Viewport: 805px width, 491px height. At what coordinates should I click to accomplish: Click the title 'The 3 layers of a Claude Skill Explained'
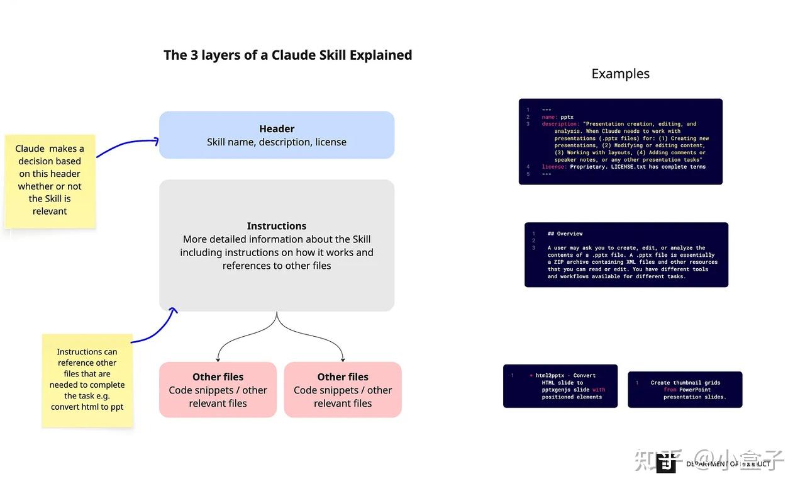(287, 55)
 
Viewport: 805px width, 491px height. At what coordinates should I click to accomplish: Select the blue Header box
(277, 135)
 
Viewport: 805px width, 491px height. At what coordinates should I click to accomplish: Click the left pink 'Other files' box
(218, 390)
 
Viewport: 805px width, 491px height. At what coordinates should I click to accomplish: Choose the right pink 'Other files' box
(343, 390)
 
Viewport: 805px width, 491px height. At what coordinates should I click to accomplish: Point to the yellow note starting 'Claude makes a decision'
(50, 180)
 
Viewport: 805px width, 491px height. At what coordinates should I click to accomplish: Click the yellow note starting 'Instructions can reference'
(87, 380)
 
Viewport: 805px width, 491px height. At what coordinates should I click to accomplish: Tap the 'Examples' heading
(620, 74)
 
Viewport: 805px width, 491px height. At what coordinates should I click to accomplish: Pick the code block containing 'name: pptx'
(620, 142)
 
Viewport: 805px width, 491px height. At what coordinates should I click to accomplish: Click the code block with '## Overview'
(626, 255)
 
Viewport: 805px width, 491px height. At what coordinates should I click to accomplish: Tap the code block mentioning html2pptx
(560, 386)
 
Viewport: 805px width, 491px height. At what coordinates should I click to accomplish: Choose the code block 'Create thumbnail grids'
(685, 390)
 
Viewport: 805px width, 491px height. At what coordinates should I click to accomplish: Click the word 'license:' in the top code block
(554, 167)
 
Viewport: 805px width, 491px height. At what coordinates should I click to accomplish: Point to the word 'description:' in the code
(560, 124)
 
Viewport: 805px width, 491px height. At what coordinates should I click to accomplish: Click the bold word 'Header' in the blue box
(277, 128)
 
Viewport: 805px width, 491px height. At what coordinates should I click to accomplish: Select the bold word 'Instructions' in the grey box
(277, 226)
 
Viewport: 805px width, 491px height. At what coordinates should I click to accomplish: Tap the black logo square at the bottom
(666, 463)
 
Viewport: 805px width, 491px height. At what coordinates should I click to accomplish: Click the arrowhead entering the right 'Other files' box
(343, 359)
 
